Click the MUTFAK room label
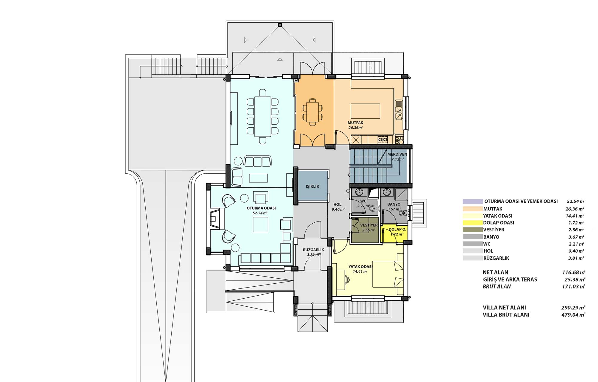click(x=356, y=123)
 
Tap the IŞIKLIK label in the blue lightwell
click(x=312, y=186)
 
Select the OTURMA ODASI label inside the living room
click(x=261, y=208)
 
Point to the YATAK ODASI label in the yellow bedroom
click(x=361, y=267)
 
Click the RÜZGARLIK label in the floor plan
click(x=313, y=250)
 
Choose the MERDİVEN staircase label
click(x=397, y=154)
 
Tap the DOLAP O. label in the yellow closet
click(x=397, y=229)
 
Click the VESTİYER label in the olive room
click(x=369, y=225)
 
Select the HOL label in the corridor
click(x=337, y=205)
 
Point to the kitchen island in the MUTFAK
click(x=365, y=111)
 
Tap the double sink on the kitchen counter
click(x=399, y=110)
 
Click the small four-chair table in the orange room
click(x=312, y=111)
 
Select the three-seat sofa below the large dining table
click(x=258, y=161)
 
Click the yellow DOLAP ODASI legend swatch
click(x=472, y=223)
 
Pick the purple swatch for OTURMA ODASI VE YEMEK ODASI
click(x=472, y=201)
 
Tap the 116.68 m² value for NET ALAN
click(x=573, y=272)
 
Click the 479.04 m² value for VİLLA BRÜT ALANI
click(x=573, y=315)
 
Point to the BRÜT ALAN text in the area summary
click(x=497, y=286)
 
